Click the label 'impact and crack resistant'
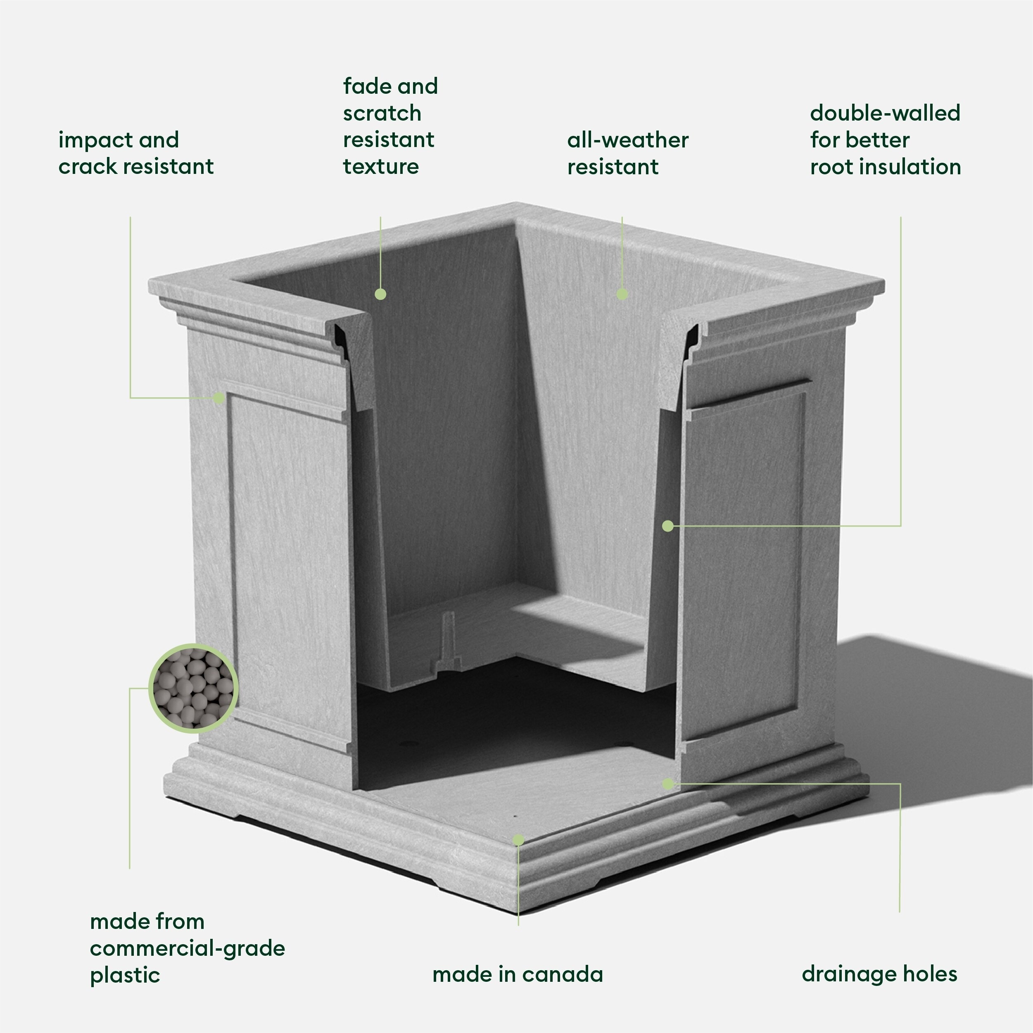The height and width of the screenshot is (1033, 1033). (136, 154)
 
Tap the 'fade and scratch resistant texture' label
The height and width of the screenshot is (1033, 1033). (390, 126)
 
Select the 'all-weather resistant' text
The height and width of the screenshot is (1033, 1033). (628, 154)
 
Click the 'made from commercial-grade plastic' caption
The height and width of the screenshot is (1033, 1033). (187, 948)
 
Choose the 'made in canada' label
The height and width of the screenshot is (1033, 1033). (517, 974)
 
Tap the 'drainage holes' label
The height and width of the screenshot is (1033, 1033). (879, 974)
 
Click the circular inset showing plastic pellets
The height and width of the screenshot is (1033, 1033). (193, 688)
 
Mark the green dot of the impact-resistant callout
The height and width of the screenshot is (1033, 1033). (218, 398)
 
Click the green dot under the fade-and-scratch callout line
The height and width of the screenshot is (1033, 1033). (380, 294)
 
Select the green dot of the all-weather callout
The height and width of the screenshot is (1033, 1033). (622, 294)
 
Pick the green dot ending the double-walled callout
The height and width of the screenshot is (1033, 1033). (668, 526)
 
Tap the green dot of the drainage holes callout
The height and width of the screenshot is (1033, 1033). (668, 784)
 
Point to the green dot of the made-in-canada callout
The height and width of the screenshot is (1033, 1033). (518, 841)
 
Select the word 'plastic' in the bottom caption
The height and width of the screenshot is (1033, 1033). (125, 975)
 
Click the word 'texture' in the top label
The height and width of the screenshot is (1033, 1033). (381, 166)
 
